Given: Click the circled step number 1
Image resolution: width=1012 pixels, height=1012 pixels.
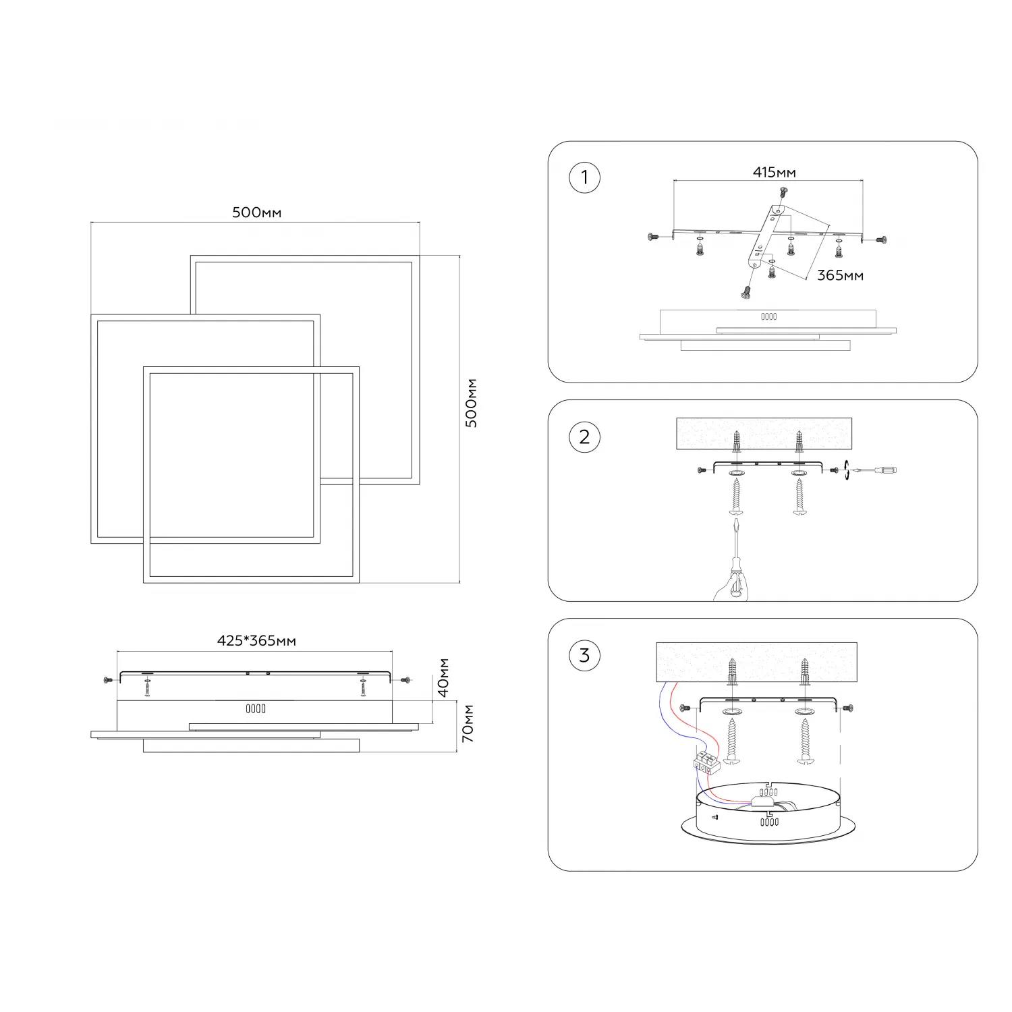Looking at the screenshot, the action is click(584, 177).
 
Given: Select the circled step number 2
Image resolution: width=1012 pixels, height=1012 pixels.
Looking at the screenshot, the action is click(584, 437).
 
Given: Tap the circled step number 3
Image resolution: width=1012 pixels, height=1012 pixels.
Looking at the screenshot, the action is click(584, 655).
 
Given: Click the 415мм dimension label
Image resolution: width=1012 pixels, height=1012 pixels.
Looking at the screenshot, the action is click(775, 173).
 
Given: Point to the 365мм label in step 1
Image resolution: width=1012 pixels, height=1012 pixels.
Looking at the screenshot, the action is click(840, 275).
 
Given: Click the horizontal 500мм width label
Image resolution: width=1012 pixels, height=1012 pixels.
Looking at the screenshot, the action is click(257, 213).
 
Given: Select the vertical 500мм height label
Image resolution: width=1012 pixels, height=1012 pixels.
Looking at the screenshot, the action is click(472, 403).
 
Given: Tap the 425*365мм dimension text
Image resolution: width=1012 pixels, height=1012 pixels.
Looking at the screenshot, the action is click(256, 640).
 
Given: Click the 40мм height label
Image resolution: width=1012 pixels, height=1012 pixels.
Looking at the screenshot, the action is click(443, 677).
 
